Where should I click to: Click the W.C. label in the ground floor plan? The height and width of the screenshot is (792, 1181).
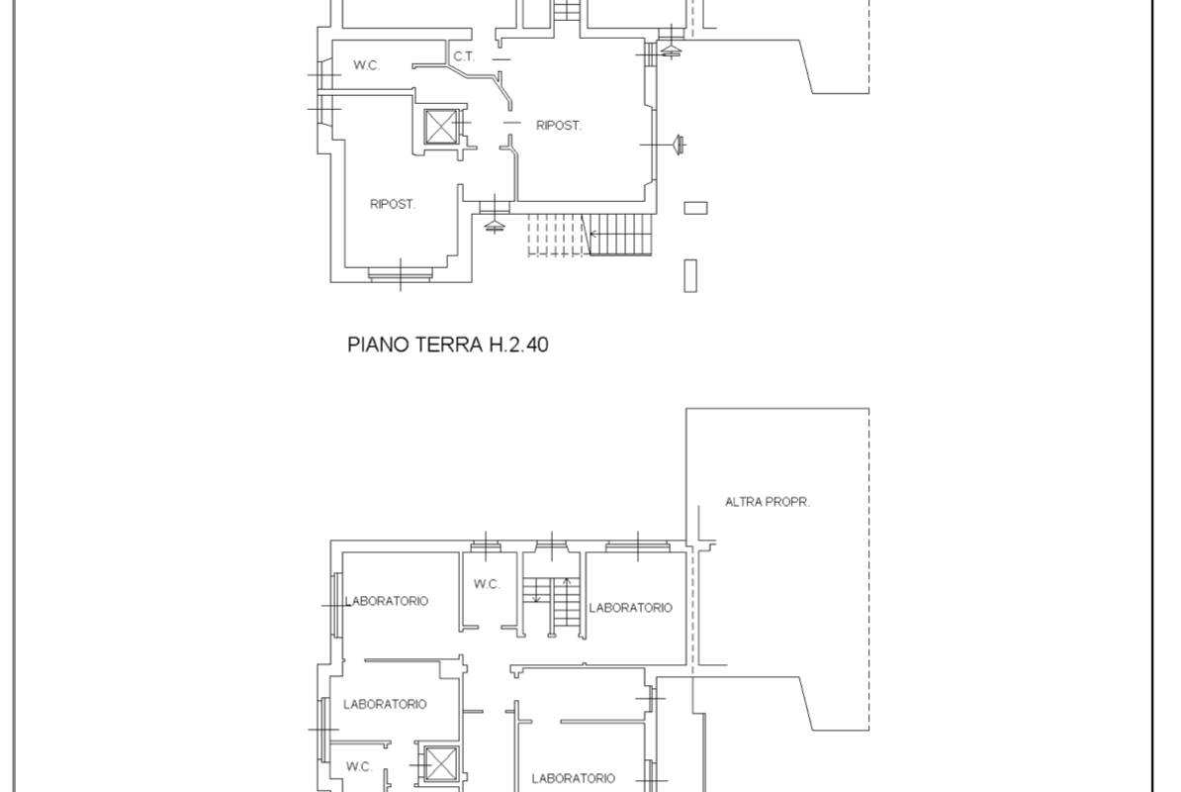[x=367, y=65]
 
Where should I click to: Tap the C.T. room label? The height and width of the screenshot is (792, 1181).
[x=464, y=56]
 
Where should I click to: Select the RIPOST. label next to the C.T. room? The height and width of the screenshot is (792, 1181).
[x=559, y=125]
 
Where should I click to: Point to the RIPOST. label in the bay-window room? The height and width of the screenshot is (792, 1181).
[x=393, y=204]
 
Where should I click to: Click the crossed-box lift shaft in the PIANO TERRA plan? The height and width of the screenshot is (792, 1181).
[x=440, y=127]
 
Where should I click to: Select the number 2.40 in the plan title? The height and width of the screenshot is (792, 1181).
[x=527, y=345]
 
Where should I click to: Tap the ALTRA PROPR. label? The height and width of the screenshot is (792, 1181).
[x=767, y=502]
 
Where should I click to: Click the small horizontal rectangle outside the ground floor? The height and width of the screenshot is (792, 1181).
[x=696, y=207]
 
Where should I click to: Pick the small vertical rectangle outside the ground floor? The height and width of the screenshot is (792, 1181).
[x=690, y=276]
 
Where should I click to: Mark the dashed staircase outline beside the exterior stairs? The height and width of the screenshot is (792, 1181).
[x=556, y=235]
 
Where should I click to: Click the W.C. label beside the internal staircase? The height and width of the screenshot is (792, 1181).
[x=487, y=584]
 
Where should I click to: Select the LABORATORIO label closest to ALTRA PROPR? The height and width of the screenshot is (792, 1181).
[x=630, y=608]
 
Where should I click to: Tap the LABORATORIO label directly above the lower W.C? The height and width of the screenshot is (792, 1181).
[x=385, y=705]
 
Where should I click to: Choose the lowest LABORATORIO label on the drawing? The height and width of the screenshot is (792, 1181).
[x=573, y=778]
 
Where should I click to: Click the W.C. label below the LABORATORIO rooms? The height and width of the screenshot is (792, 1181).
[x=359, y=767]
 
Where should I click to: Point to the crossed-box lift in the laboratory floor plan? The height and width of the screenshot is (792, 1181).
[x=440, y=764]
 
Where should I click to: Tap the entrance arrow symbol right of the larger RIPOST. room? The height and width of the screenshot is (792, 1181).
[x=678, y=144]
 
